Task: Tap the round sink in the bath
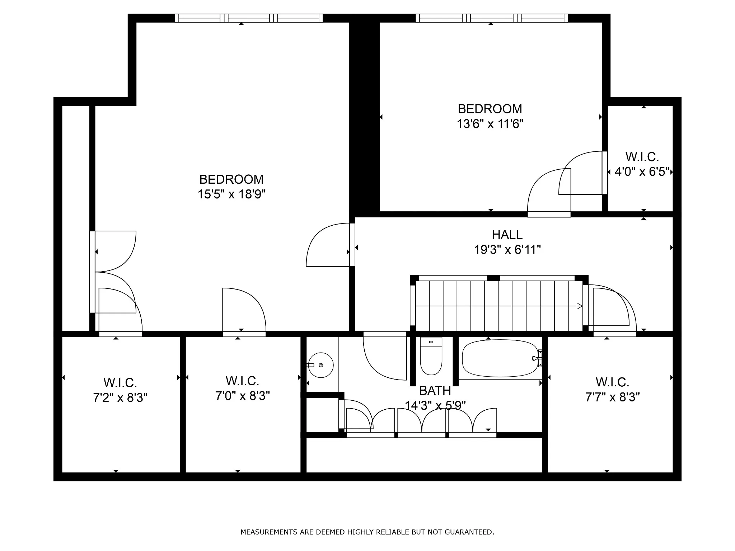320,365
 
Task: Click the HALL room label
507,234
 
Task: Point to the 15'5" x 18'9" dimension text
231,194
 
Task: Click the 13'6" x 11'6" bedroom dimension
490,124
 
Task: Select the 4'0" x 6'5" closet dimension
642,172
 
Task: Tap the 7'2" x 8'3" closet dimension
120,397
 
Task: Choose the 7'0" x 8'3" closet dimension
243,396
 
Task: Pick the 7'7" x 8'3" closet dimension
613,397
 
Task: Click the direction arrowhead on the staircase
579,306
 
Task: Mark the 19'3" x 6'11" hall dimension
507,249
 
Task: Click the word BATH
435,390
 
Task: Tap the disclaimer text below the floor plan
367,532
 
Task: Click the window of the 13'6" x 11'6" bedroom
492,18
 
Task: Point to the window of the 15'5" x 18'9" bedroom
249,18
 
